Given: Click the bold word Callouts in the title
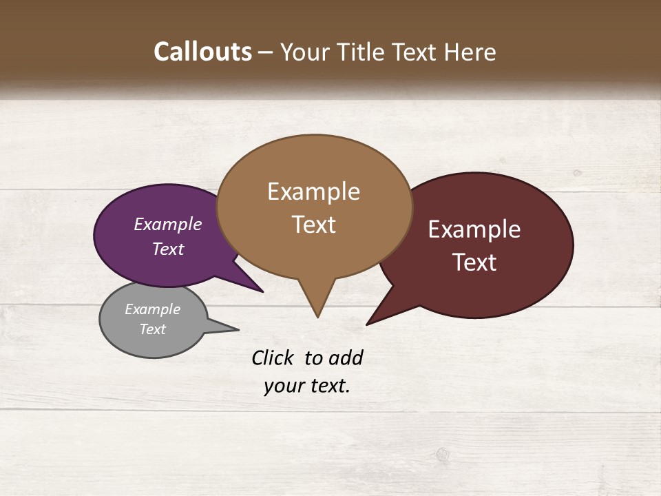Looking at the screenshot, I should coord(202,52).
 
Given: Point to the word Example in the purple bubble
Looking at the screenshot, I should coord(168,225).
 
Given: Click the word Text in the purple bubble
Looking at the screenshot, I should coord(168,249).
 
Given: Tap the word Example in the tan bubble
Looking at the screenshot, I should coord(313,192).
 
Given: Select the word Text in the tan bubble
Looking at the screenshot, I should coord(313,225).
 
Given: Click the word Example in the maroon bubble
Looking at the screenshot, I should coord(474,229).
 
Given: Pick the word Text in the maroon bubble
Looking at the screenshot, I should coord(474,262).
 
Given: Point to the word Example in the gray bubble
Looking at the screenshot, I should coord(152,309).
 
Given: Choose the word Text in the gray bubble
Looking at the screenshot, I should coord(152,329).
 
